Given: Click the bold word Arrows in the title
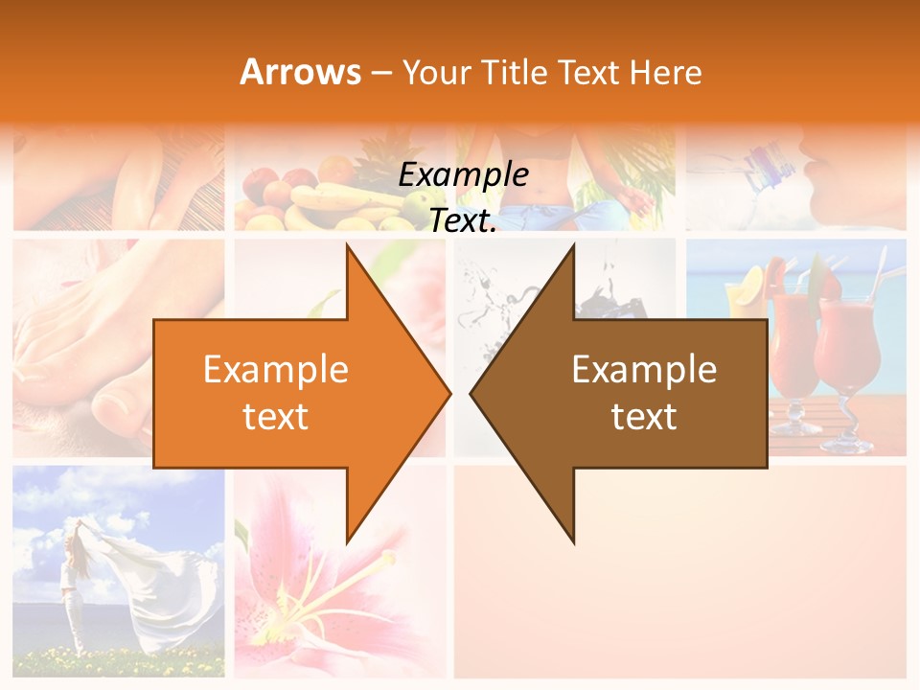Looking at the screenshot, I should point(300,72).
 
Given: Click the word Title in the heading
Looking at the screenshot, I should point(517,72).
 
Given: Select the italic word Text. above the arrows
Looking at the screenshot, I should point(463,221).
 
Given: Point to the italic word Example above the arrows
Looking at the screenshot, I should point(463,175).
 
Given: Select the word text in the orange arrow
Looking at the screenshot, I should point(275,417).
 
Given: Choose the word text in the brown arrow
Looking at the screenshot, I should point(644,417).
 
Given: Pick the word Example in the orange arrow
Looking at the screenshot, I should point(275,370).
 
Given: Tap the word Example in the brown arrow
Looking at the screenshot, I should point(644,370).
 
